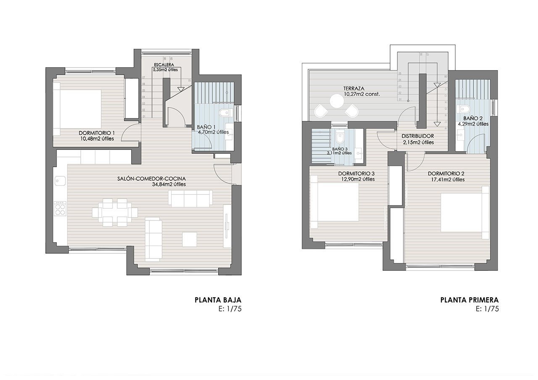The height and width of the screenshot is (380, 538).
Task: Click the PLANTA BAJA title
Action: click(218, 300)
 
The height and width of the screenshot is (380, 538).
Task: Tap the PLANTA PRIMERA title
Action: click(469, 300)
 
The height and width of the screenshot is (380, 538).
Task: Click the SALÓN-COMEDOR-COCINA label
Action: click(151, 178)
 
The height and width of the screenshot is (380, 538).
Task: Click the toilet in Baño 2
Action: click(465, 108)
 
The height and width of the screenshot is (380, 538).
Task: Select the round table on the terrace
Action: click(337, 101)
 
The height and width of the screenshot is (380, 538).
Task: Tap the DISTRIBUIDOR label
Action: click(417, 136)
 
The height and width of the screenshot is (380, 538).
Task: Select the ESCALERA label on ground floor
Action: click(164, 65)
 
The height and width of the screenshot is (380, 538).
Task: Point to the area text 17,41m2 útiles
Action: click(446, 179)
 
